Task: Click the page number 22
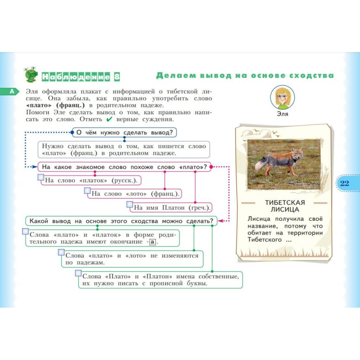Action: click(344, 183)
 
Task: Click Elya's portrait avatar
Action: click(282, 97)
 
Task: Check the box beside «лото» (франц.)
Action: click(88, 191)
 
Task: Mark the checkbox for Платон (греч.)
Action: click(130, 204)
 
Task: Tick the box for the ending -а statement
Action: click(25, 231)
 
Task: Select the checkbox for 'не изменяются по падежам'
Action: click(62, 252)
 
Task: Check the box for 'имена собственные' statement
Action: click(78, 273)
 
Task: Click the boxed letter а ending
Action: click(152, 242)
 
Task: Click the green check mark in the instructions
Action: click(109, 120)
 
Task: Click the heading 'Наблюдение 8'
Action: click(81, 77)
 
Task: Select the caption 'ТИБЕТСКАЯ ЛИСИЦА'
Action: click(285, 206)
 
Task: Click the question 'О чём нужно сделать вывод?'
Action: click(124, 132)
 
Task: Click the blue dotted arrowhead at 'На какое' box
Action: click(35, 167)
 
